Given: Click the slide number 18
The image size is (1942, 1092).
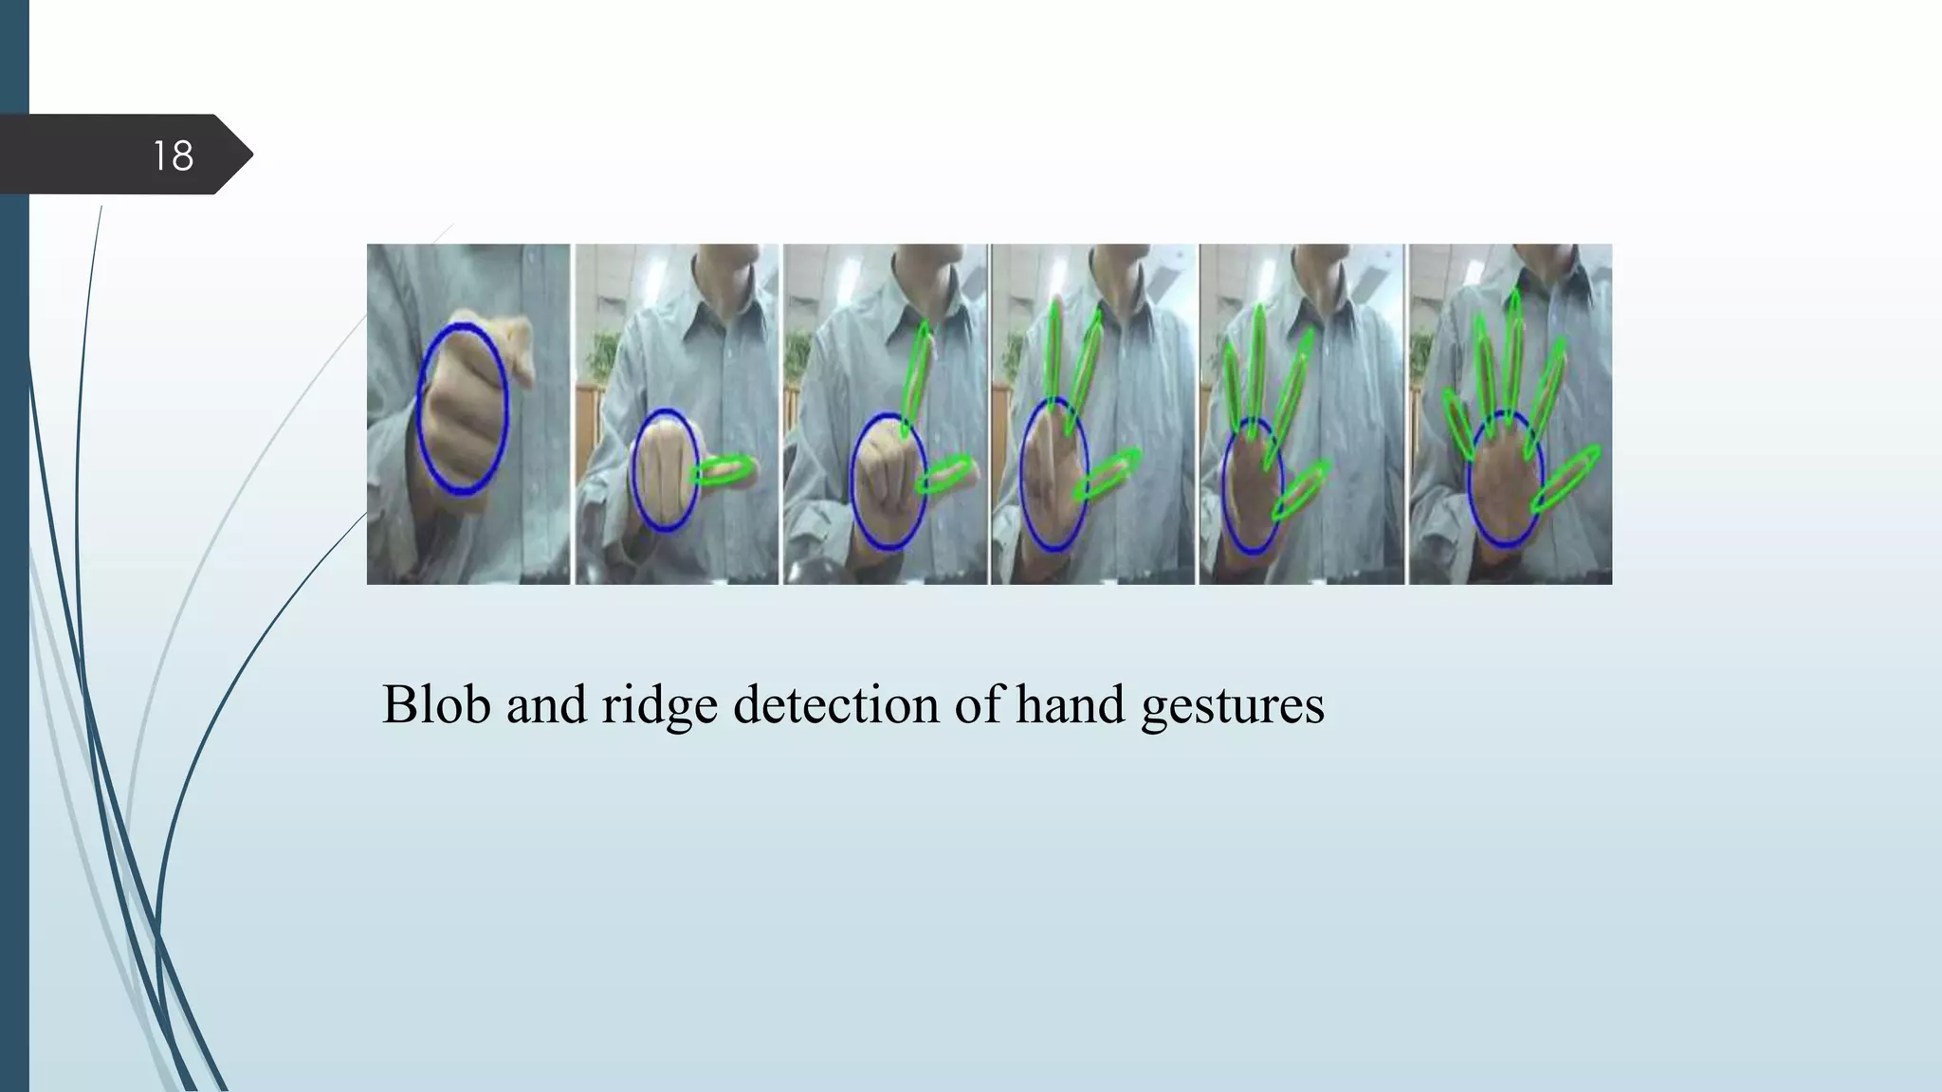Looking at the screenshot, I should point(173,155).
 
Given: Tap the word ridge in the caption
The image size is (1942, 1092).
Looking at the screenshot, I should point(659,706).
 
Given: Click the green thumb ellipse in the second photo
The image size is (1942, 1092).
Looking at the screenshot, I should point(724,470).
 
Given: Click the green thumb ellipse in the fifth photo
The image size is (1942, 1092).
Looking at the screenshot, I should point(1302,490).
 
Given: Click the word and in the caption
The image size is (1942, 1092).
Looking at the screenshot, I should point(546,704).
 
